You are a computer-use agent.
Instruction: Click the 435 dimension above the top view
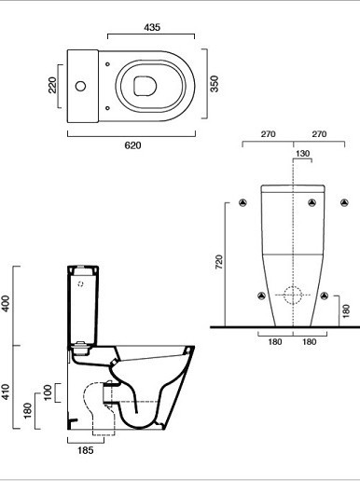(x=152, y=27)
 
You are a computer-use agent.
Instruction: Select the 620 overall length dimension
(x=132, y=145)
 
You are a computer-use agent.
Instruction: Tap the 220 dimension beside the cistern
(x=52, y=85)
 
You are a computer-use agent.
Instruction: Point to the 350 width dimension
(x=215, y=84)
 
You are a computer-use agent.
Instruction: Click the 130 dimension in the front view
(x=302, y=154)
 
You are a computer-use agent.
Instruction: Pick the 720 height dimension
(x=219, y=262)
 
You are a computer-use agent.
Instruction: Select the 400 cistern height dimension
(x=6, y=304)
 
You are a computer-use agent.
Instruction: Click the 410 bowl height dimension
(x=6, y=392)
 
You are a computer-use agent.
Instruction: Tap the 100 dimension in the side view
(x=48, y=392)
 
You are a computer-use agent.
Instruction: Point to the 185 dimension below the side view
(x=86, y=450)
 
